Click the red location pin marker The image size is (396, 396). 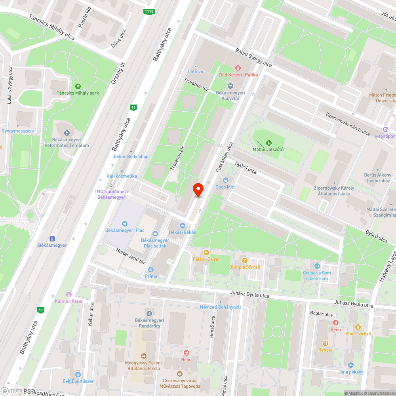click(198, 189)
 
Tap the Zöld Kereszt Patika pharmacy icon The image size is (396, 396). click(238, 68)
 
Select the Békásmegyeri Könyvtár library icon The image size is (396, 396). click(230, 86)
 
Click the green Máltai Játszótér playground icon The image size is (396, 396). click(269, 143)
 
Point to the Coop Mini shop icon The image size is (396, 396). click(226, 181)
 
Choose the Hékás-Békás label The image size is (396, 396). click(182, 232)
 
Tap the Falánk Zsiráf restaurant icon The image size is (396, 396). click(206, 252)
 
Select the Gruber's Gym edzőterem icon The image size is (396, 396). click(316, 266)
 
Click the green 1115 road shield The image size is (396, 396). click(149, 11)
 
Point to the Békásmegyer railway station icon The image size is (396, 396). click(52, 238)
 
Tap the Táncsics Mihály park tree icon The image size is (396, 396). click(78, 86)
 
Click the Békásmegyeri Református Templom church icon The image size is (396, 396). click(67, 133)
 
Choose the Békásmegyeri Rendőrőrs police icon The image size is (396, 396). click(148, 313)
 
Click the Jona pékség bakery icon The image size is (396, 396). click(350, 365)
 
